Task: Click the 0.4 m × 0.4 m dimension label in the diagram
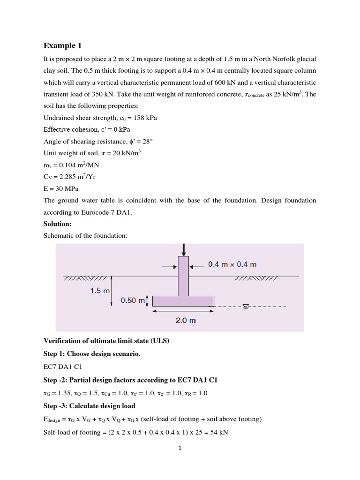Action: [232, 264]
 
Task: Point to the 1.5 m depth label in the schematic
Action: [99, 291]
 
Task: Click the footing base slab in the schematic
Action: [183, 301]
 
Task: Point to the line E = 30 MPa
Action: [61, 189]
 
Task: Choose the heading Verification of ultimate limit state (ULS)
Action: [106, 341]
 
